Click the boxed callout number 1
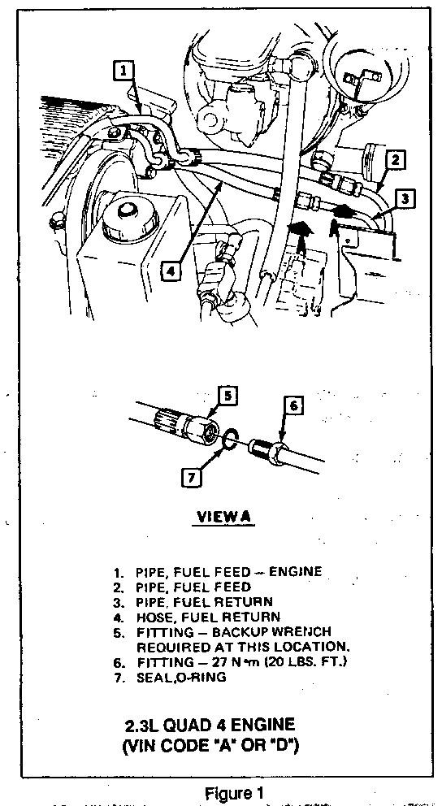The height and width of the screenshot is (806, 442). coord(123,71)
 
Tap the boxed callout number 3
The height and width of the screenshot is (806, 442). coord(406,198)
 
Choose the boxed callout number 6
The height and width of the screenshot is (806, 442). coord(293,405)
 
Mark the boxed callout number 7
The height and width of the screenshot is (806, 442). coord(191,478)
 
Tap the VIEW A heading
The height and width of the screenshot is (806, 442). coord(222,518)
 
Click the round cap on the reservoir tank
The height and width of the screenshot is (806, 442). coord(122,221)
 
